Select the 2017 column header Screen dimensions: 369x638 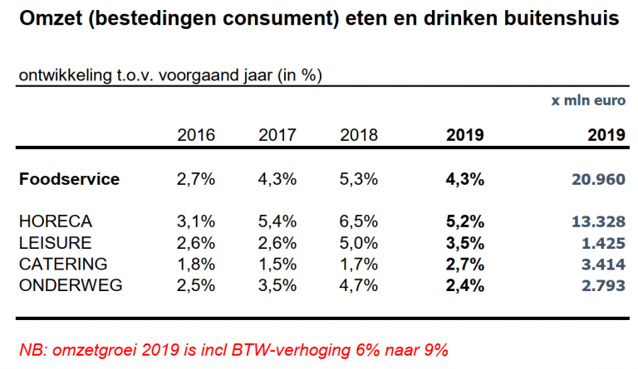[x=277, y=135]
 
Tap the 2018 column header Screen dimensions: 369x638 [x=359, y=135]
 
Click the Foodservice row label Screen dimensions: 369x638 [x=70, y=179]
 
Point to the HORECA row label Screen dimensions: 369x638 [x=55, y=222]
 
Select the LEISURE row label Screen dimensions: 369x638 [x=55, y=243]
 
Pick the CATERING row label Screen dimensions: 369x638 [x=63, y=265]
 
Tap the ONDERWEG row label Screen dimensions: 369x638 [x=71, y=286]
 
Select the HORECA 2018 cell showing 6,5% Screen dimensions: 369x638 [x=359, y=222]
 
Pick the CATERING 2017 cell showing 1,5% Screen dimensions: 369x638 [x=277, y=265]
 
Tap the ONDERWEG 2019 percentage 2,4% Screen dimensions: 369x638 [x=465, y=286]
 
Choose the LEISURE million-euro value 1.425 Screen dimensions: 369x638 [x=602, y=243]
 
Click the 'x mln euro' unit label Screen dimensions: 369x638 [x=588, y=100]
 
